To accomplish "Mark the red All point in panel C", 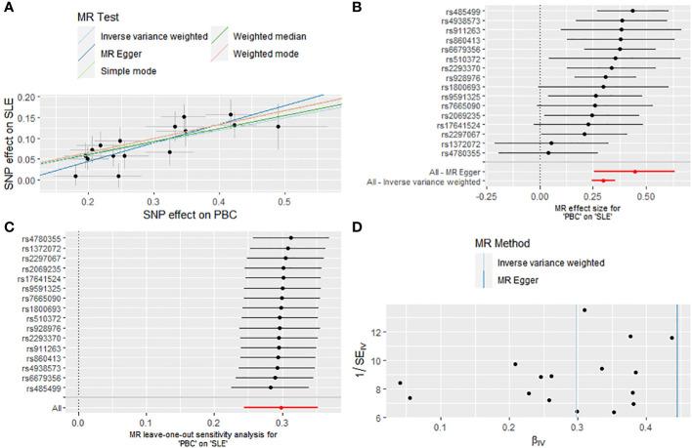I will [281, 408].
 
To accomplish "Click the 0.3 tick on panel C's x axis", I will [281, 424].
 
